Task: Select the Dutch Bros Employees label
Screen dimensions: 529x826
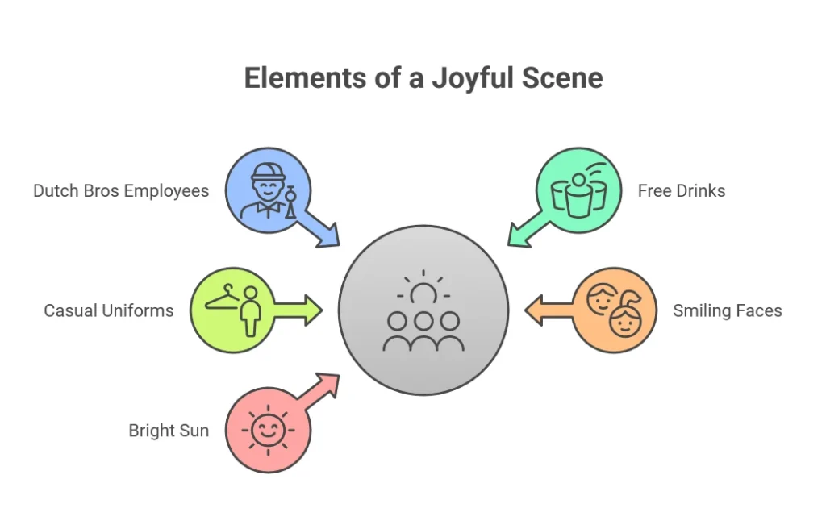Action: tap(121, 191)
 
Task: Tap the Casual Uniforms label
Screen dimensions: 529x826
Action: tap(109, 310)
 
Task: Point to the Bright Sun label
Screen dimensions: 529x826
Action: tap(169, 431)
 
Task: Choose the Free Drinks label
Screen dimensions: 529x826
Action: tap(682, 191)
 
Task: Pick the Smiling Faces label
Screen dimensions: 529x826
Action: tap(728, 310)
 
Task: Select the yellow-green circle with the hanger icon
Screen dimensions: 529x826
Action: tap(232, 310)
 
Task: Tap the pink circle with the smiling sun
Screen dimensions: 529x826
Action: tap(268, 430)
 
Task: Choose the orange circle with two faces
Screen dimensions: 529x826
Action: tap(615, 310)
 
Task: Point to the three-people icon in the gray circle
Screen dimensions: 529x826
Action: tap(423, 331)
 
